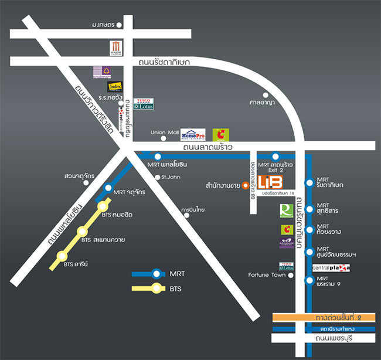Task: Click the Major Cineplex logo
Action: click(115, 49)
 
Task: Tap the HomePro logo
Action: click(193, 134)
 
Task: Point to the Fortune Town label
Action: click(267, 274)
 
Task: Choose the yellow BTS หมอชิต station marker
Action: click(104, 205)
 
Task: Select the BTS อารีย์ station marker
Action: click(62, 256)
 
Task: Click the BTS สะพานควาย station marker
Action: click(82, 232)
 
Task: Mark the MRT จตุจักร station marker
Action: click(108, 188)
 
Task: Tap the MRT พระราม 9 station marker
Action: click(309, 281)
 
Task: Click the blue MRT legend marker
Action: click(157, 273)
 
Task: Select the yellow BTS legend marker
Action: click(157, 288)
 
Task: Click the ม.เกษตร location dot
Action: click(119, 25)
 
